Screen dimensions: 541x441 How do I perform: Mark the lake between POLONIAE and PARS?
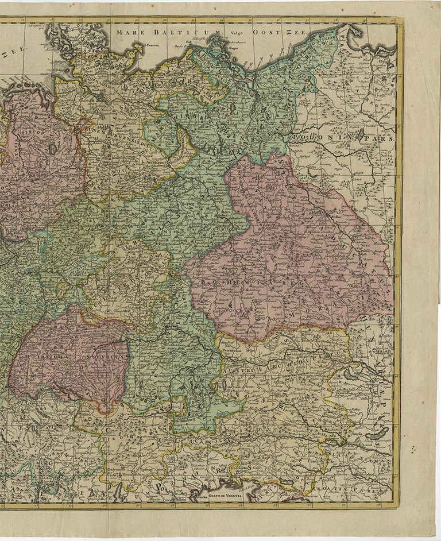[362, 136]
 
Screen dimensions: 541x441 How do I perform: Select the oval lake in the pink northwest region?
[53, 149]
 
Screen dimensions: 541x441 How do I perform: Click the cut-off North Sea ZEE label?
[13, 50]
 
